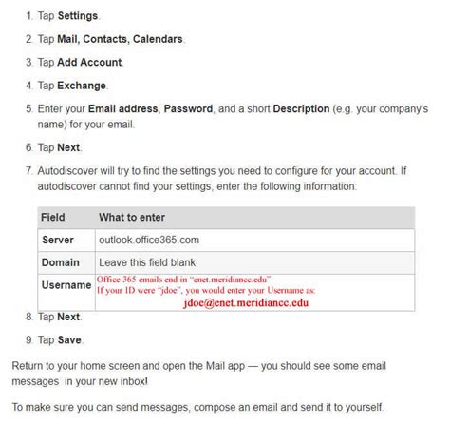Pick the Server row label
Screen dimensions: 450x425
tap(58, 240)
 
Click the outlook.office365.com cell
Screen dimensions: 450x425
tap(149, 240)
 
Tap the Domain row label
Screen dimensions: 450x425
tap(61, 262)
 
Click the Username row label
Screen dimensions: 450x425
tap(66, 285)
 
